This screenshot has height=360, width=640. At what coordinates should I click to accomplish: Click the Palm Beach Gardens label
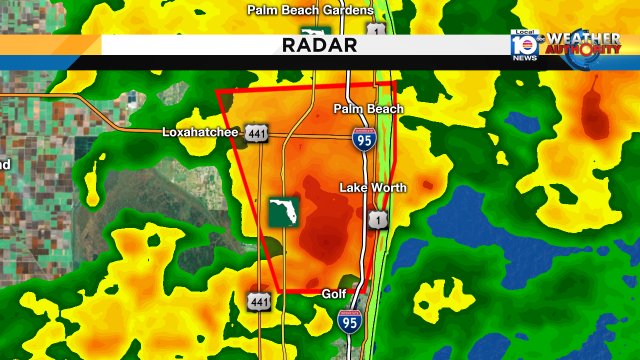[x=310, y=10]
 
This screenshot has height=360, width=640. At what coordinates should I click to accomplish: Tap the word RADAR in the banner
[x=319, y=45]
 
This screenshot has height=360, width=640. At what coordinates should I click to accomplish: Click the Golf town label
[x=333, y=294]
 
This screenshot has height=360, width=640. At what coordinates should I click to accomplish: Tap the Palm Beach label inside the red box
[x=370, y=109]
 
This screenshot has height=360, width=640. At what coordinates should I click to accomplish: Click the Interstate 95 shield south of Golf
[x=349, y=321]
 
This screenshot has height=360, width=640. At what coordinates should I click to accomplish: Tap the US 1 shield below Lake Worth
[x=377, y=218]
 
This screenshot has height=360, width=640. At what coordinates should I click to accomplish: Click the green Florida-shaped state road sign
[x=281, y=212]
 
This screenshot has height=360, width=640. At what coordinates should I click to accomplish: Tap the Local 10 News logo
[x=524, y=46]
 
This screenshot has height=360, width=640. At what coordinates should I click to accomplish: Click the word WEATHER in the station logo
[x=581, y=37]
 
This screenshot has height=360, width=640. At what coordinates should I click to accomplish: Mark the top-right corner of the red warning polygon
[x=396, y=83]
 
